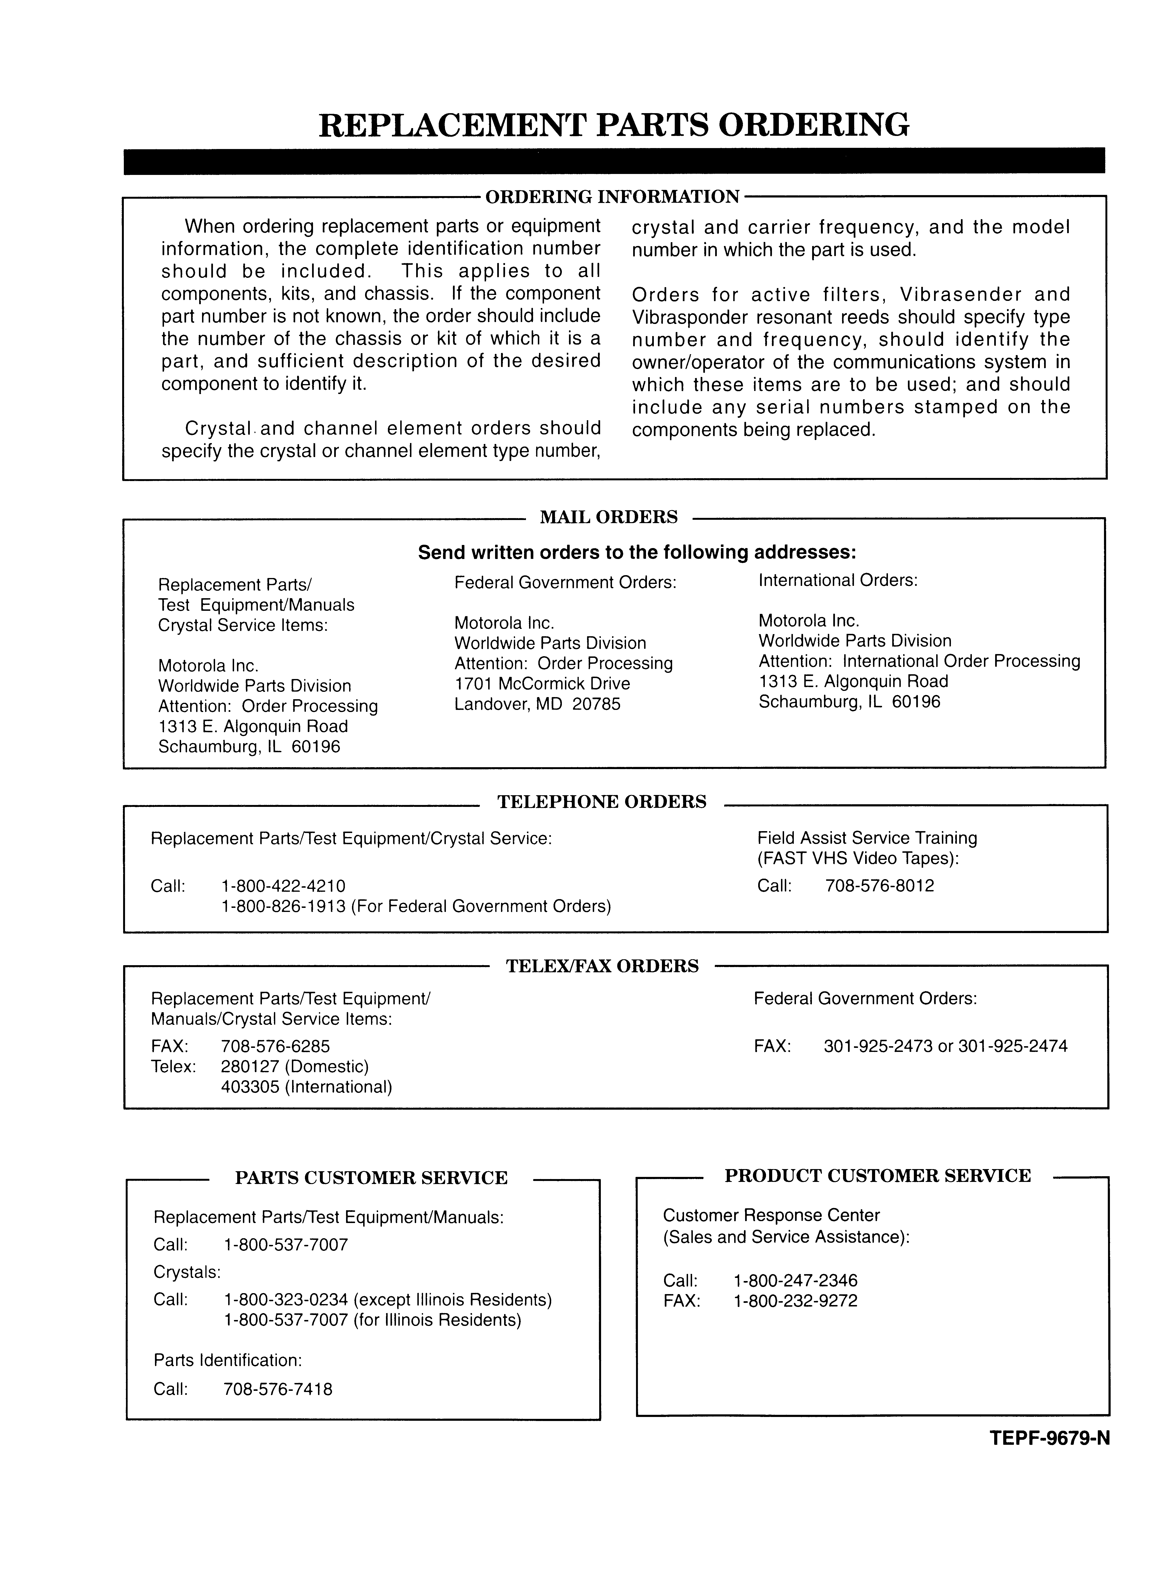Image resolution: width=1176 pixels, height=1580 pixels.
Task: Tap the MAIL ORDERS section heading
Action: tap(609, 517)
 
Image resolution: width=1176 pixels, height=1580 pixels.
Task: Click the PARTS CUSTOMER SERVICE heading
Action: tap(371, 1178)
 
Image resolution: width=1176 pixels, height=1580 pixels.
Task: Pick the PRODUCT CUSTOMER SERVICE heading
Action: tap(878, 1176)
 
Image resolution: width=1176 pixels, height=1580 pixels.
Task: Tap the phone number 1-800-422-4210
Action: tap(283, 886)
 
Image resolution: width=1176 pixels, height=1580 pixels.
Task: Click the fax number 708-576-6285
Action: tap(275, 1046)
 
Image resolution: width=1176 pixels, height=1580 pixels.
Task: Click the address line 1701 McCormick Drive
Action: tap(542, 684)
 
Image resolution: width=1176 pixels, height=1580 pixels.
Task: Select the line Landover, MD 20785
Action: tap(537, 705)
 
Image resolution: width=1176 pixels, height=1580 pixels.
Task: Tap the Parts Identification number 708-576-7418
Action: tap(278, 1389)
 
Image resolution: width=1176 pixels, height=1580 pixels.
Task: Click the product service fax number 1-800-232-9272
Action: tap(795, 1301)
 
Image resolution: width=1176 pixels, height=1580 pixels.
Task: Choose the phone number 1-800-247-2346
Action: tap(795, 1280)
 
